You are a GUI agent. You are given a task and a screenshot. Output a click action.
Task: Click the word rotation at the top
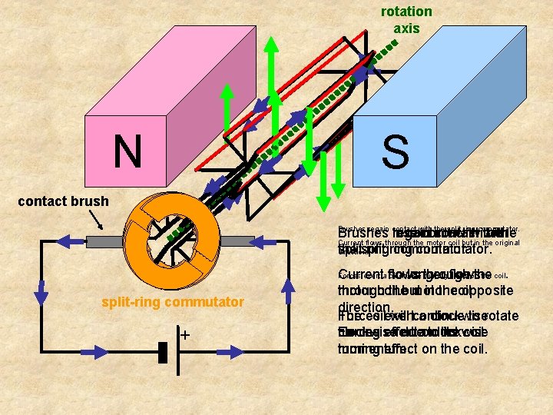coord(406,12)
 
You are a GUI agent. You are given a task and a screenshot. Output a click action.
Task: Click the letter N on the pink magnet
coord(127,151)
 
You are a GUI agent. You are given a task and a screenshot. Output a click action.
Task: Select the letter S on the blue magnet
coord(395,152)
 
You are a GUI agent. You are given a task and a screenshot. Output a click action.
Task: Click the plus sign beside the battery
coord(185,335)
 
